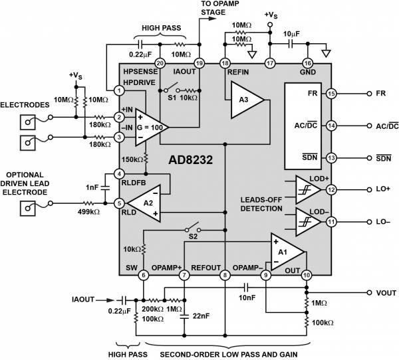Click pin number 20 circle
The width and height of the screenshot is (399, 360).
coord(160,63)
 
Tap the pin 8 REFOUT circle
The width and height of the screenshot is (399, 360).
coord(225,275)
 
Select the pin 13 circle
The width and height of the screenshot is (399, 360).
coord(331,158)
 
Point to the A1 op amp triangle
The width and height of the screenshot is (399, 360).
coord(287,252)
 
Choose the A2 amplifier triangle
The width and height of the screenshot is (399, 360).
coord(144,203)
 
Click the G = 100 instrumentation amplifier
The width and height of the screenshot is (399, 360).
coord(152,128)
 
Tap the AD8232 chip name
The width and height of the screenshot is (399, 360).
coord(190,160)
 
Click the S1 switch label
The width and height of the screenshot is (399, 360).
coord(172,98)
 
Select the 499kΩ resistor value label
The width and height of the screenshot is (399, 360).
coord(88,211)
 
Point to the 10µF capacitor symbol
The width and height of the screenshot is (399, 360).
coord(291,44)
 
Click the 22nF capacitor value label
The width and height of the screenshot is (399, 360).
coord(201,316)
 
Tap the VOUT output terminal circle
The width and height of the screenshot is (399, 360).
coord(369,293)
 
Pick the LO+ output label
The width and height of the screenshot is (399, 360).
coord(383,189)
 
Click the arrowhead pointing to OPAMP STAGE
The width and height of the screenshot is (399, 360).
coord(212,19)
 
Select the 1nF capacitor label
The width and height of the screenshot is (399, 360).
coord(92,187)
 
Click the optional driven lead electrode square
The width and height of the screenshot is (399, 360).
coord(28,209)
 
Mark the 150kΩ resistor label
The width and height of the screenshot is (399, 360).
coord(132,159)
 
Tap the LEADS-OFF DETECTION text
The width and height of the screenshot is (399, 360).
coord(261,204)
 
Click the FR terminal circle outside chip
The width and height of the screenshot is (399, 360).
coord(369,94)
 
